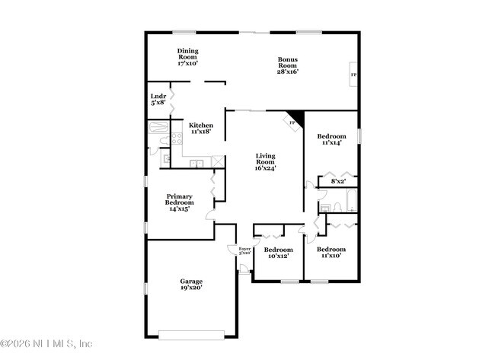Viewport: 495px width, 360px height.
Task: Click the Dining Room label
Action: [187, 57]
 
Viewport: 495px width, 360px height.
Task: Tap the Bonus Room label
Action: [287, 65]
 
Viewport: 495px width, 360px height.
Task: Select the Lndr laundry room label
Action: [158, 100]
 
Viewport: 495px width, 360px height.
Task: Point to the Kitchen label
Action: [200, 128]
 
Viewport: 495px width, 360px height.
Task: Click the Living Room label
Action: [264, 161]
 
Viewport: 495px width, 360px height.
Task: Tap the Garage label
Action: [191, 285]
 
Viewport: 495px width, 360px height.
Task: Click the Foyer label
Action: [244, 250]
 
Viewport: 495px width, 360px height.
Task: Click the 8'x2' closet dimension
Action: [337, 182]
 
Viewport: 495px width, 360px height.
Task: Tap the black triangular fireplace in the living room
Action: [296, 119]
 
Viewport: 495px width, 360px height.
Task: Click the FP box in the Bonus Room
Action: [353, 75]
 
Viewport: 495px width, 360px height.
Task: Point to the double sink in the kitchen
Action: [196, 162]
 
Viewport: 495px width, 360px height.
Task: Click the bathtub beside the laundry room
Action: [158, 127]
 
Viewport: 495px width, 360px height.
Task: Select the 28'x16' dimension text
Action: [287, 72]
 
